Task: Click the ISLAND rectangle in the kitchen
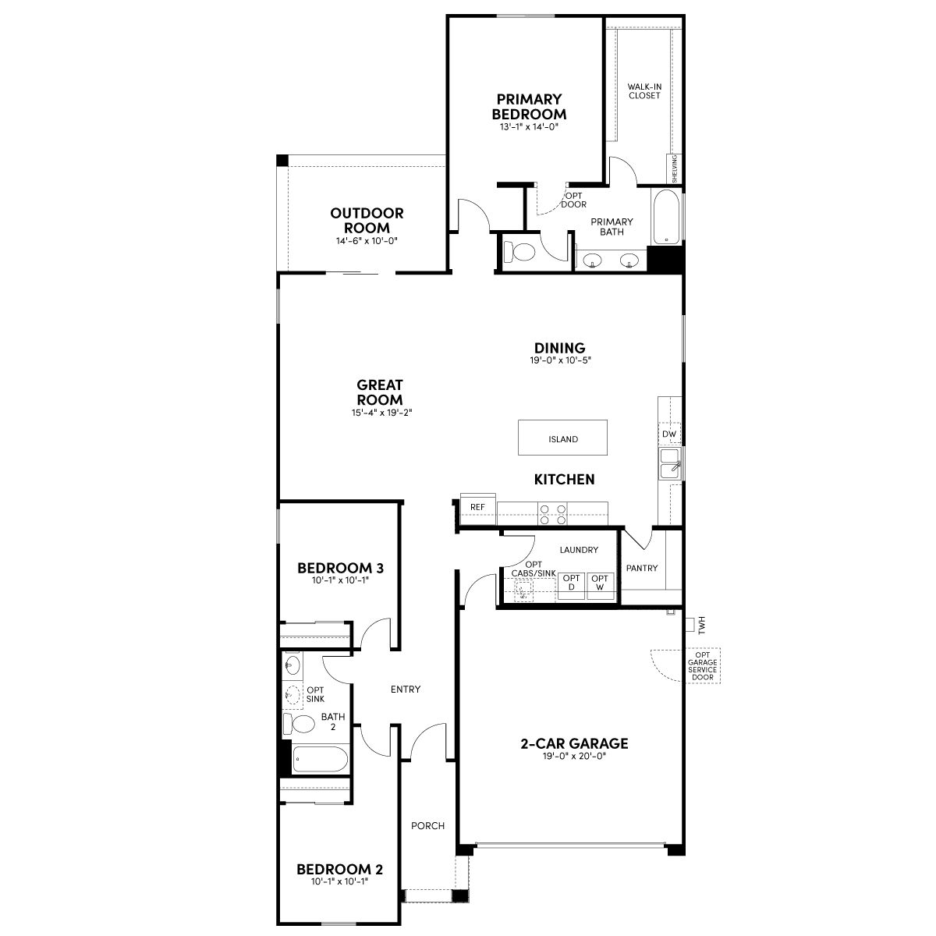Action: (562, 438)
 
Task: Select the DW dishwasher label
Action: (668, 434)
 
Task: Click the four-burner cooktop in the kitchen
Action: (553, 514)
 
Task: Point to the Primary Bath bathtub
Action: (666, 217)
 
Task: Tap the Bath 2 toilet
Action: (299, 724)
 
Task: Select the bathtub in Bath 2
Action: (320, 759)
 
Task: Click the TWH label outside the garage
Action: (701, 625)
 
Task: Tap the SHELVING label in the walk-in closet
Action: (674, 169)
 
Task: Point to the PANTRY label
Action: (642, 568)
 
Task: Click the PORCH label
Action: (427, 825)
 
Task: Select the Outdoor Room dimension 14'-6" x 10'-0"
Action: (367, 241)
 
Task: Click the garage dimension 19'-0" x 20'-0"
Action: (574, 756)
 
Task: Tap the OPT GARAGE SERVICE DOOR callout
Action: (702, 666)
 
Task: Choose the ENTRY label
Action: (406, 689)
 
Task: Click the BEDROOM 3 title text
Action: (341, 568)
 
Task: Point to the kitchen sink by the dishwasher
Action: (670, 463)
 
